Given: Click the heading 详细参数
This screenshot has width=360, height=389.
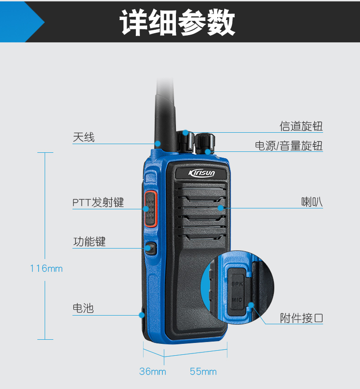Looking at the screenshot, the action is click(177, 22).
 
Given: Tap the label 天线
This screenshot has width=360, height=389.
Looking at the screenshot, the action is click(83, 137).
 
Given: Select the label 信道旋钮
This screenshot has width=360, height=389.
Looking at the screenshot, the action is click(301, 126).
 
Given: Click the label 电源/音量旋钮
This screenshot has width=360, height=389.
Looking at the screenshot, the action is click(289, 145).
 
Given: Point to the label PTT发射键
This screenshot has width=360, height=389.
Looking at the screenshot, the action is click(98, 202).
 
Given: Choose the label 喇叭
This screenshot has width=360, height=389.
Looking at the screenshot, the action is click(312, 202).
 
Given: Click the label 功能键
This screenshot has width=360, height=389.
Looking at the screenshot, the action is click(89, 242).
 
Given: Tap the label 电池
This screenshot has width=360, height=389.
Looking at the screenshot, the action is click(83, 308).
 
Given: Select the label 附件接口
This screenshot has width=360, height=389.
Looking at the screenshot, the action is click(302, 318).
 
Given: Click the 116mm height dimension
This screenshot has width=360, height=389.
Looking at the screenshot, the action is click(46, 269).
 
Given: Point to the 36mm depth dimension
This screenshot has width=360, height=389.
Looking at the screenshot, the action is click(153, 371).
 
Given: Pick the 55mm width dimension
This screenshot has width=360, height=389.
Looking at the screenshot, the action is click(203, 371).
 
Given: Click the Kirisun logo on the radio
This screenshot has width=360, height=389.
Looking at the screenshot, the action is click(201, 173).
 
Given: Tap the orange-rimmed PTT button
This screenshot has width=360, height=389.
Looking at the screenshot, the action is click(150, 209).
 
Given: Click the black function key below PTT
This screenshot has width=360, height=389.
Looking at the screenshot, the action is click(150, 249).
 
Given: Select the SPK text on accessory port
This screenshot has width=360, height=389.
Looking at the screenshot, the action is click(237, 284).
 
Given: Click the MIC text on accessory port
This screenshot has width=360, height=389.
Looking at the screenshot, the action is click(237, 300).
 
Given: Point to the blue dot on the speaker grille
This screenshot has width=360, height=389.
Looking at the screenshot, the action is click(221, 208).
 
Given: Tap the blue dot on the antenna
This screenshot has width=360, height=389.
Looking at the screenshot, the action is click(158, 144).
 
